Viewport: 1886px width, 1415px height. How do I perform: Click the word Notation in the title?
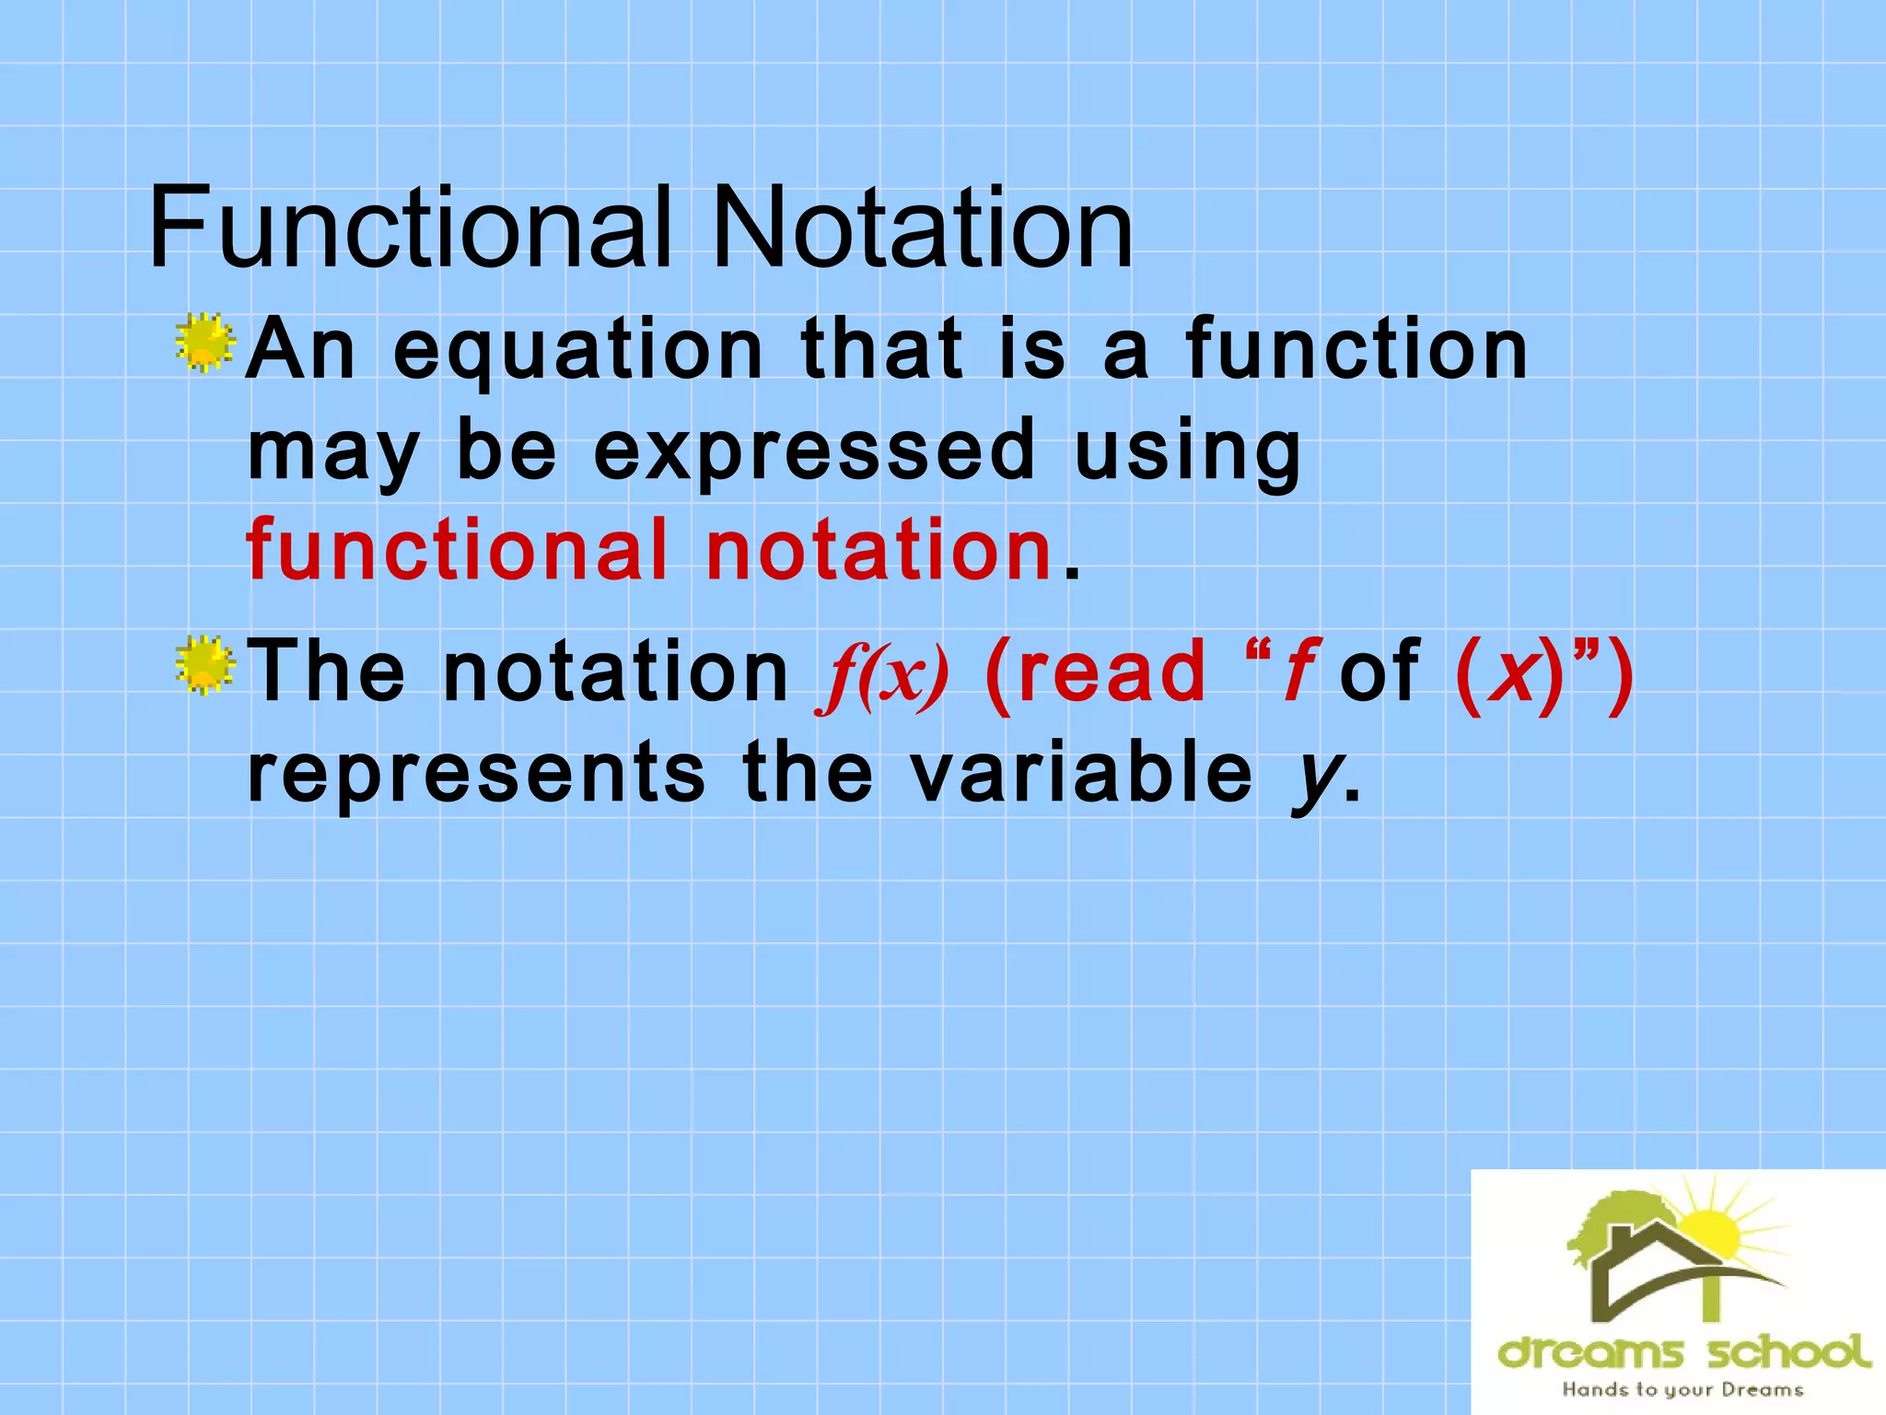pyautogui.click(x=922, y=228)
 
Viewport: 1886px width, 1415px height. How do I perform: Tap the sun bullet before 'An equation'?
pyautogui.click(x=204, y=343)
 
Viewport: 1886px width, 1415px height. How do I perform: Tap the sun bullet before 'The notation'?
pyautogui.click(x=204, y=664)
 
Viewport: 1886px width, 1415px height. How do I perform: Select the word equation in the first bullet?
pyautogui.click(x=578, y=352)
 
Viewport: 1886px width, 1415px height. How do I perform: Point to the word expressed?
pyautogui.click(x=815, y=451)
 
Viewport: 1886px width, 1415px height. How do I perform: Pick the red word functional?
pyautogui.click(x=457, y=550)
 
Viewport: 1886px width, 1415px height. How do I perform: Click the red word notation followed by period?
pyautogui.click(x=879, y=550)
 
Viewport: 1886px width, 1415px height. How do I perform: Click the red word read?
pyautogui.click(x=1096, y=672)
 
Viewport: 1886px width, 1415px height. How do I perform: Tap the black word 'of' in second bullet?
pyautogui.click(x=1380, y=672)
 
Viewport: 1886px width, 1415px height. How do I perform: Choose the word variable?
pyautogui.click(x=1082, y=772)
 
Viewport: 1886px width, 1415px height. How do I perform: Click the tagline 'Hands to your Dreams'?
pyautogui.click(x=1682, y=1389)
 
